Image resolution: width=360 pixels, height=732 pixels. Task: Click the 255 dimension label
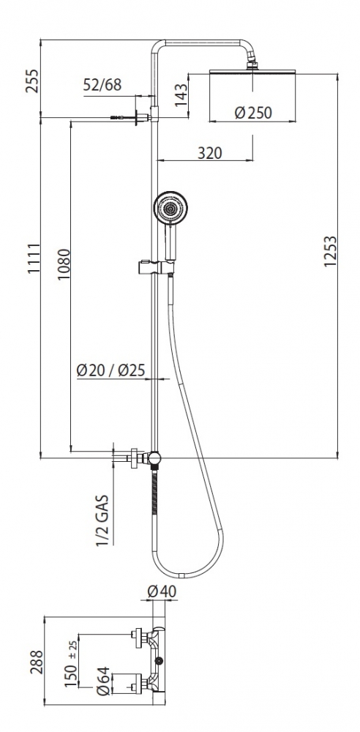coord(32,81)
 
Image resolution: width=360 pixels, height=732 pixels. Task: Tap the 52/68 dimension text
coord(102,85)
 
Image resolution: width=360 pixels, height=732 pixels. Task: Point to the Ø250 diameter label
coord(253,113)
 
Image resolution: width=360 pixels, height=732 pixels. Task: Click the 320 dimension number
coord(210,153)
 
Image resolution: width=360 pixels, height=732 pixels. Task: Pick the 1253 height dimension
coord(330,251)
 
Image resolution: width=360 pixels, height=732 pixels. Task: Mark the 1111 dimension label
coord(33,258)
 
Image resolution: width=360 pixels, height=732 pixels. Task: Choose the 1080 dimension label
coord(63,265)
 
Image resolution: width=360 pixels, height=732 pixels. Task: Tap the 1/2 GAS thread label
coord(102,520)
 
